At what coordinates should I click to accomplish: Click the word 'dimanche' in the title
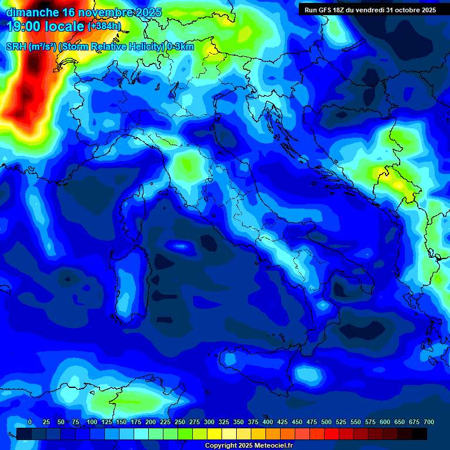pos(32,12)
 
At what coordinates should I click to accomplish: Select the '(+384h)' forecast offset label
pos(104,26)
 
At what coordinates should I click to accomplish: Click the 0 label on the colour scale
pos(30,422)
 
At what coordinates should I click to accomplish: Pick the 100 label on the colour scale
pos(92,422)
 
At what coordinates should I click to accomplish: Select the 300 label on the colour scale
pos(209,422)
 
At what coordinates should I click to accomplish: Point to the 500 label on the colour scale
pos(326,422)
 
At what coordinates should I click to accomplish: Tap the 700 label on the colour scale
pos(429,422)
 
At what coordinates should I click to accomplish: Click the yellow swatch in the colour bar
pos(214,434)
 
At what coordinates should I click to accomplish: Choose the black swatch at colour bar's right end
pos(420,434)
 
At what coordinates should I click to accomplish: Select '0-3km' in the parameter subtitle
pos(180,47)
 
